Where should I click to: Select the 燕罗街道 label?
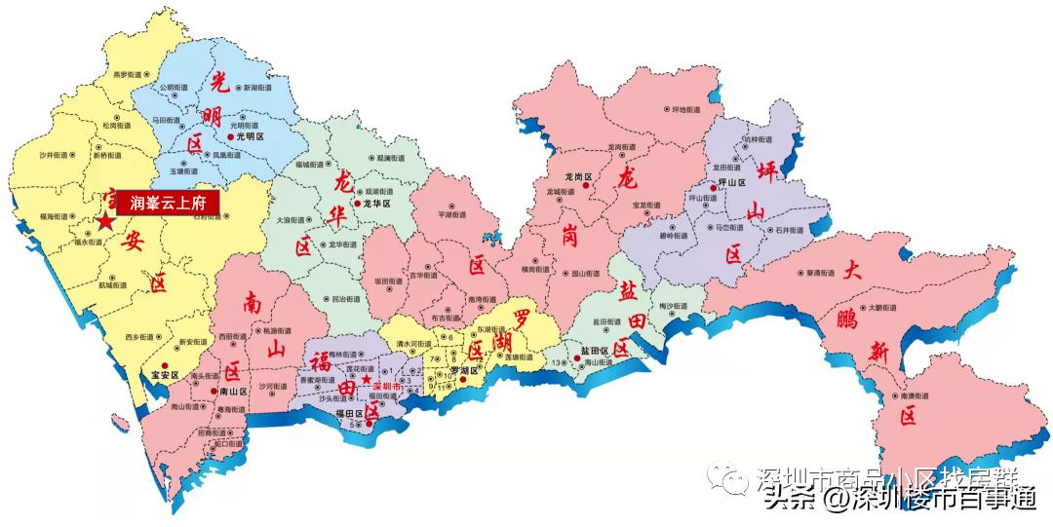pos(128,74)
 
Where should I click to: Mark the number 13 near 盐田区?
pos(556,363)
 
